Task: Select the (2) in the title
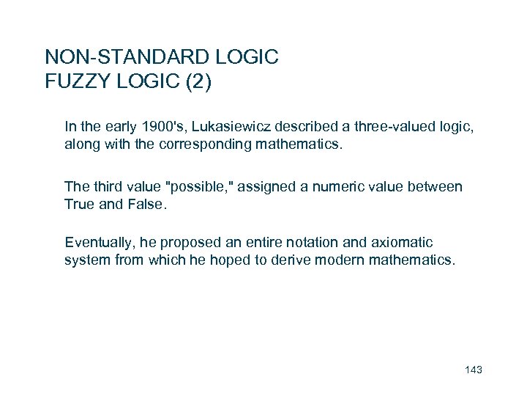coord(198,81)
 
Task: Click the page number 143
coord(474,370)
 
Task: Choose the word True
coord(79,204)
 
